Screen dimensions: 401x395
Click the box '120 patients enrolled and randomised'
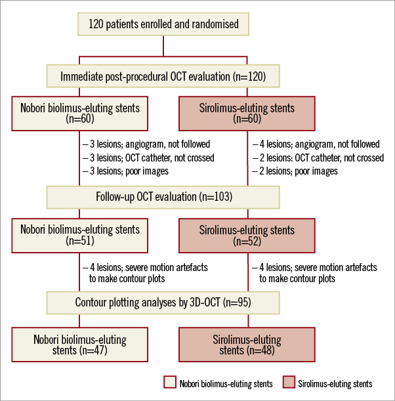pyautogui.click(x=163, y=25)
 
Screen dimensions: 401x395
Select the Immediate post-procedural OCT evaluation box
pyautogui.click(x=163, y=77)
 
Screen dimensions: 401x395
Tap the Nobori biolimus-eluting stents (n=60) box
pyautogui.click(x=79, y=114)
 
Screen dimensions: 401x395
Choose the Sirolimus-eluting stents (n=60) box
pyautogui.click(x=247, y=114)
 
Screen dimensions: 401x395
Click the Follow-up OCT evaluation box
pyautogui.click(x=163, y=196)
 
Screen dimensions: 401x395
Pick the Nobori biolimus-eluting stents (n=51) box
pyautogui.click(x=79, y=236)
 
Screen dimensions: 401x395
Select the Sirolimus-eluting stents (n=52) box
pyautogui.click(x=247, y=236)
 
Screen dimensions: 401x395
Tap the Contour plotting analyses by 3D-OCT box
pyautogui.click(x=163, y=303)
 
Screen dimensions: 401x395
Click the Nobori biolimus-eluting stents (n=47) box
pyautogui.click(x=79, y=345)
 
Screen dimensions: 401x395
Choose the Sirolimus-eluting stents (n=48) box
pyautogui.click(x=247, y=345)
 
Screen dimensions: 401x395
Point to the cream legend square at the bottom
pyautogui.click(x=170, y=381)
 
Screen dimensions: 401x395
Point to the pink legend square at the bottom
pyautogui.click(x=289, y=381)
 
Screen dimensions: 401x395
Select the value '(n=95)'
pyautogui.click(x=238, y=303)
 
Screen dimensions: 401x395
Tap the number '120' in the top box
pyautogui.click(x=96, y=25)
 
